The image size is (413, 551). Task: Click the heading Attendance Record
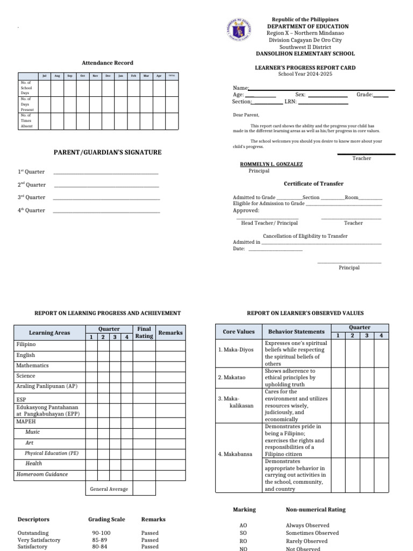tap(107, 63)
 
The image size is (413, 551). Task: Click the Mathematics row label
tap(32, 365)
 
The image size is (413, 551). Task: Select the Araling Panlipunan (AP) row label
tap(47, 386)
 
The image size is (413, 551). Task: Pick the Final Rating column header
tap(144, 333)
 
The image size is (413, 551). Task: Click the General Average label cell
tap(109, 489)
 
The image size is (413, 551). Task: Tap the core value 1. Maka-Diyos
tap(236, 350)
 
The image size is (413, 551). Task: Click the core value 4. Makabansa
tap(235, 454)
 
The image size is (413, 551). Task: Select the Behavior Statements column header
tap(296, 332)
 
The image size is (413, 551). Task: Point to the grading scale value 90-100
tap(101, 533)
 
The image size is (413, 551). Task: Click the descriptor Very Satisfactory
tap(39, 540)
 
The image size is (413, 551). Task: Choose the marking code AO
tap(243, 525)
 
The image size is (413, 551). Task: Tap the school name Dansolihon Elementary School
tap(305, 54)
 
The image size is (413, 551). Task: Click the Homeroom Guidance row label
tap(42, 475)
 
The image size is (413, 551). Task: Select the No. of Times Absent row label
tap(26, 121)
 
